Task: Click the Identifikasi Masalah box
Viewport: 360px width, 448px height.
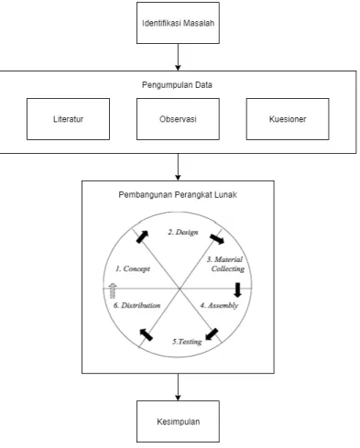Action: pyautogui.click(x=178, y=23)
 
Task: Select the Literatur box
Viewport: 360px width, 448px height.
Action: pyautogui.click(x=68, y=119)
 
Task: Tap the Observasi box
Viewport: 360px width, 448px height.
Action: pyautogui.click(x=178, y=119)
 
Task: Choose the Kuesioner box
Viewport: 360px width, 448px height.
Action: pyautogui.click(x=288, y=119)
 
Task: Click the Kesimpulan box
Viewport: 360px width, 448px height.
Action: pyautogui.click(x=178, y=421)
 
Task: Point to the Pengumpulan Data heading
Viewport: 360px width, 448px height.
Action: pyautogui.click(x=177, y=84)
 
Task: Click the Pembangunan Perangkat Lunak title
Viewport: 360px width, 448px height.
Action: pyautogui.click(x=178, y=194)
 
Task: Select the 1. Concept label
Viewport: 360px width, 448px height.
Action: pyautogui.click(x=133, y=268)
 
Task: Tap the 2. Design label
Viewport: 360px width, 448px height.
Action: pyautogui.click(x=183, y=232)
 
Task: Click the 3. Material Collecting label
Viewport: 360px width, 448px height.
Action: pyautogui.click(x=226, y=264)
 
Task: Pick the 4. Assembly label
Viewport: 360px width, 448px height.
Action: pyautogui.click(x=219, y=305)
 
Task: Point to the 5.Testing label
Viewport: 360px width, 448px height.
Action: pyautogui.click(x=187, y=342)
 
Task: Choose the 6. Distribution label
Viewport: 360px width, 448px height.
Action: pyautogui.click(x=136, y=305)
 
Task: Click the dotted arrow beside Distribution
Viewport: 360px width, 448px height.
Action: pyautogui.click(x=113, y=290)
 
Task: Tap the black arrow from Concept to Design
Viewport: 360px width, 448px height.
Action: pyautogui.click(x=142, y=236)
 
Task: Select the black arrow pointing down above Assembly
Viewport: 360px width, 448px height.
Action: pyautogui.click(x=237, y=290)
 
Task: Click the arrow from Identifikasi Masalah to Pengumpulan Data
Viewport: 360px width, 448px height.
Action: pyautogui.click(x=178, y=57)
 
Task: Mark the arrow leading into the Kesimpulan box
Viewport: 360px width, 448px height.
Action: pyautogui.click(x=178, y=387)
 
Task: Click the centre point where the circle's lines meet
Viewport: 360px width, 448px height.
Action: pyautogui.click(x=180, y=288)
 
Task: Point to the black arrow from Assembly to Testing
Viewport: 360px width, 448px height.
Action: pyautogui.click(x=212, y=334)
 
